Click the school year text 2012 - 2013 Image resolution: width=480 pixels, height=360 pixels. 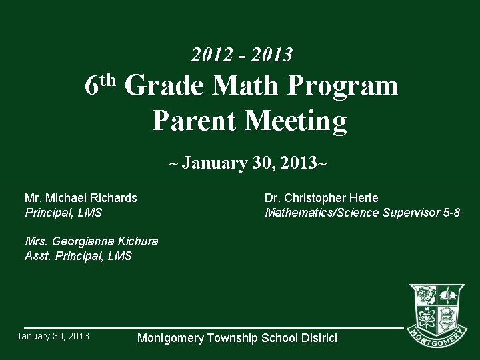(x=241, y=54)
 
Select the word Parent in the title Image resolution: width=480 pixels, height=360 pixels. (x=195, y=121)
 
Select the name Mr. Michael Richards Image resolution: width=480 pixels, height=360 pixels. (x=81, y=198)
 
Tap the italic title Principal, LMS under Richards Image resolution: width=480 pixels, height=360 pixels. (x=63, y=213)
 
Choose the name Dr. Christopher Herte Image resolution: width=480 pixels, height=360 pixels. (x=321, y=198)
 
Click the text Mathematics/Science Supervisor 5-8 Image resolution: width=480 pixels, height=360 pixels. (x=362, y=213)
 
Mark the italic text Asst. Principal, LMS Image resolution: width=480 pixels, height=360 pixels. (x=78, y=255)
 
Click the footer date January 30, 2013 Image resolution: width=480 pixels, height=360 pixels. (x=53, y=336)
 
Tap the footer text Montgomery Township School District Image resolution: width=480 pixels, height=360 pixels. (x=237, y=338)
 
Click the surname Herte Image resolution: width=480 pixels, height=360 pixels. (x=363, y=198)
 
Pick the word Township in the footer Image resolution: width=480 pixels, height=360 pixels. (x=232, y=339)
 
